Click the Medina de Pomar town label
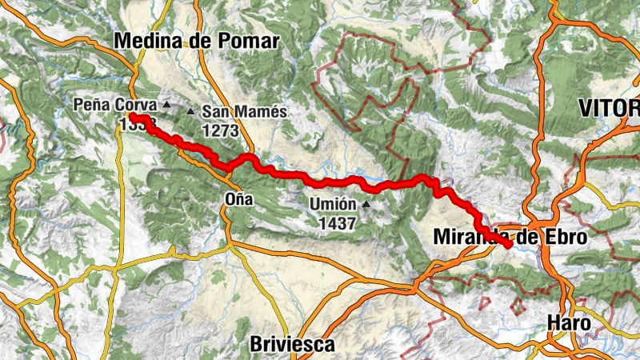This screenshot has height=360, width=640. [x=196, y=42]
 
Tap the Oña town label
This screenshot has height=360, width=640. [x=239, y=200]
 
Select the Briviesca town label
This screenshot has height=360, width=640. [x=292, y=345]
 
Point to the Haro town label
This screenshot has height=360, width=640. [x=569, y=323]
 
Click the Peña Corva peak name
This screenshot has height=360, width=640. [x=116, y=104]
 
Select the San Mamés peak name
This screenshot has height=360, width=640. [x=245, y=112]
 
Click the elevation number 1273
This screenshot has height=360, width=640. [x=222, y=129]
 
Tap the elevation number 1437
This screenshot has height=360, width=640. [x=336, y=224]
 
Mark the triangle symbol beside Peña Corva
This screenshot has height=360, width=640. [x=166, y=104]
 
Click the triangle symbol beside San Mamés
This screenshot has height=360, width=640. [x=190, y=112]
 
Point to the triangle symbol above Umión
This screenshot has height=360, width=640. [x=366, y=204]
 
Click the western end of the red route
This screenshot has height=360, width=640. [x=132, y=118]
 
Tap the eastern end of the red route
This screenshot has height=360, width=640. [x=508, y=245]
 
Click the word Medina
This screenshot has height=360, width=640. [x=142, y=42]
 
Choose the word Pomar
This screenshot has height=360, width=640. [x=251, y=42]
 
